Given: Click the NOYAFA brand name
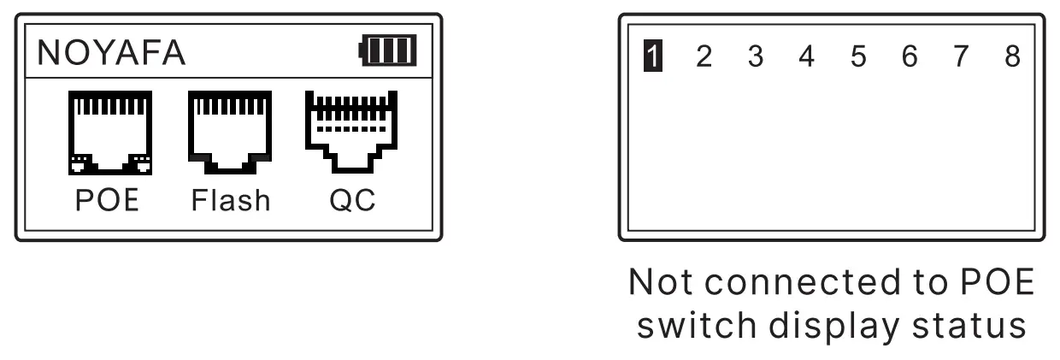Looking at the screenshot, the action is point(111,53).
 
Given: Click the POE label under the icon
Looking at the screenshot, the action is point(107,200).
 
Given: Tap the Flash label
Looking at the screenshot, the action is point(230,200).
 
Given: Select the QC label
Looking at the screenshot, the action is point(352,200).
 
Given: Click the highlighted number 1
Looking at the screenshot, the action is point(653,57).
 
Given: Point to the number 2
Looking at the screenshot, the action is point(704,57).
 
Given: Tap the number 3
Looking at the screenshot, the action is point(755,57).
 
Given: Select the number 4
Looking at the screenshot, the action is point(806,57).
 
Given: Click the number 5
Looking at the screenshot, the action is point(858,57).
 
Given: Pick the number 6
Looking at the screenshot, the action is point(910,57).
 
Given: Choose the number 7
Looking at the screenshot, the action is point(961,57).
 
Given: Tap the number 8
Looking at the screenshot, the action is point(1012,57).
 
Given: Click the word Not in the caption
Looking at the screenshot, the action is point(657,283).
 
